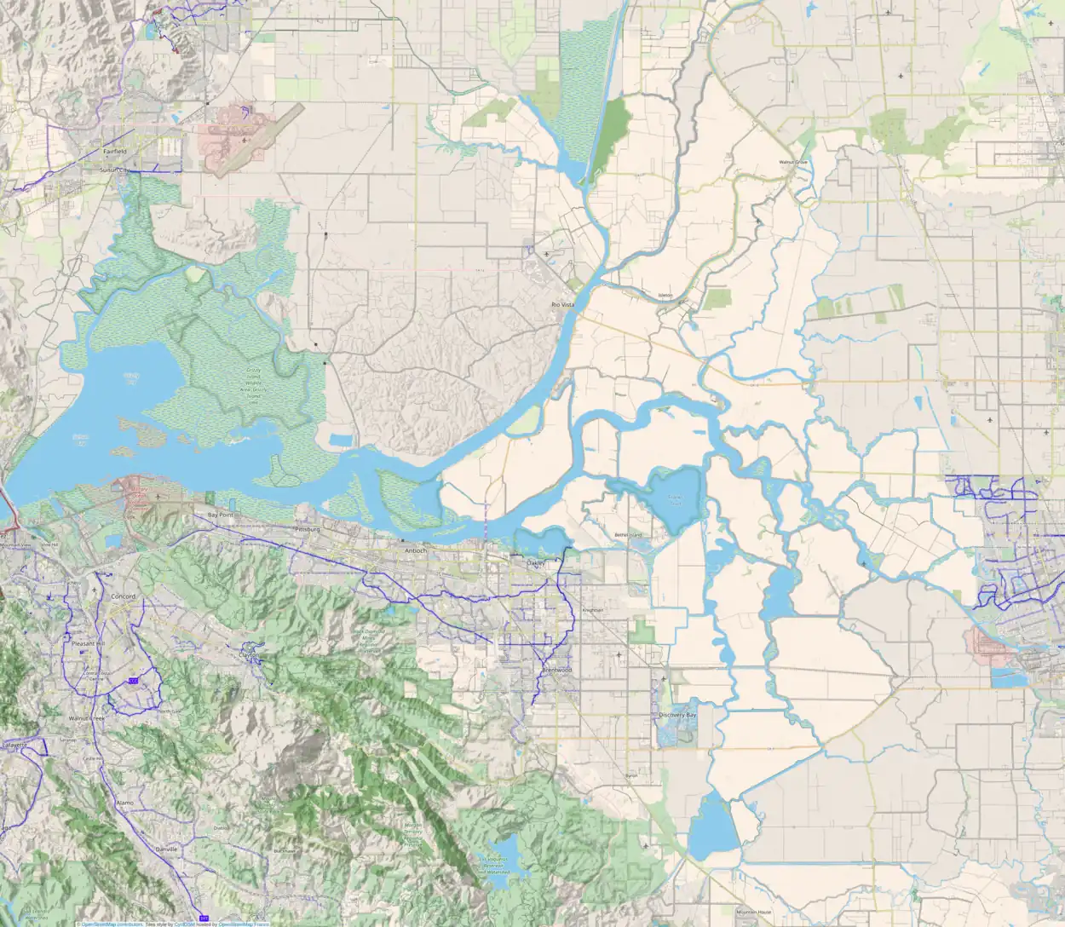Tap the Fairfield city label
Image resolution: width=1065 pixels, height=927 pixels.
pyautogui.click(x=115, y=151)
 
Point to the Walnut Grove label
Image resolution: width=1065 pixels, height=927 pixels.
pyautogui.click(x=792, y=162)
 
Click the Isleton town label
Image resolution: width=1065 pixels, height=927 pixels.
pyautogui.click(x=666, y=296)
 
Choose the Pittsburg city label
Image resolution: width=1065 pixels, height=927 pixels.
pyautogui.click(x=306, y=529)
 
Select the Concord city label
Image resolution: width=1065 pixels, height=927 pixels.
pyautogui.click(x=124, y=596)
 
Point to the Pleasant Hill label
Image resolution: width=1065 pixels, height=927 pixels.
pyautogui.click(x=87, y=643)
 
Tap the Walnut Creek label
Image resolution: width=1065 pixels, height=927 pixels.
pyautogui.click(x=85, y=719)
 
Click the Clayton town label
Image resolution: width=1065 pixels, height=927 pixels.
pyautogui.click(x=249, y=655)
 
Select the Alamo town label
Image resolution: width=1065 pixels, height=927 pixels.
pyautogui.click(x=124, y=803)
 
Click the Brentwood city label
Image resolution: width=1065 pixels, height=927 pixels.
pyautogui.click(x=557, y=671)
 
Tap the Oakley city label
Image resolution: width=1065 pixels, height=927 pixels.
pyautogui.click(x=535, y=563)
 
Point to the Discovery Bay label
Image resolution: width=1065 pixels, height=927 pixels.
pyautogui.click(x=678, y=715)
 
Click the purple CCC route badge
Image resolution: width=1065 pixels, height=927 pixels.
pyautogui.click(x=132, y=680)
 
